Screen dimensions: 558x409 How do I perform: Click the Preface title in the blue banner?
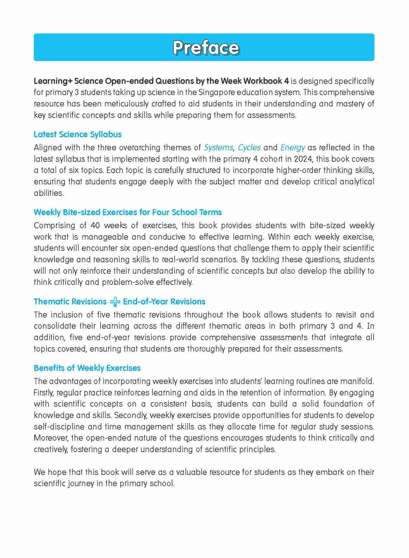[x=206, y=48]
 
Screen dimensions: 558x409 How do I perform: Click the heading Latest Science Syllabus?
[x=77, y=134]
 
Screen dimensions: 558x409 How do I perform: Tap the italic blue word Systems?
[x=218, y=147]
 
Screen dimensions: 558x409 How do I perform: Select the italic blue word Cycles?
[x=249, y=147]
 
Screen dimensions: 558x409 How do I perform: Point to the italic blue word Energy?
[x=293, y=147]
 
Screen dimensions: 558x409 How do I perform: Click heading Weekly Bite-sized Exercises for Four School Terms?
[x=128, y=212]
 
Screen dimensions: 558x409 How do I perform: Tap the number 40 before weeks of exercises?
[x=95, y=225]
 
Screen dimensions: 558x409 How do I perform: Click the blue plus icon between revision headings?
[x=115, y=302]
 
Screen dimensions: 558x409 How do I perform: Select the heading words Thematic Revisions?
[x=70, y=302]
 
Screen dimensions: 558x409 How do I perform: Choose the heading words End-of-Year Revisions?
[x=164, y=302]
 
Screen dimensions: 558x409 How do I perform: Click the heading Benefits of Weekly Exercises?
[x=87, y=368]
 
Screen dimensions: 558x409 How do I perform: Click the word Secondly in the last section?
[x=130, y=415]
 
